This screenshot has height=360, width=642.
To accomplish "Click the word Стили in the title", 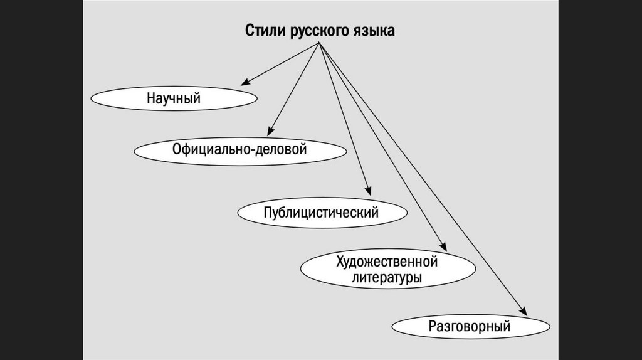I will point(265,31).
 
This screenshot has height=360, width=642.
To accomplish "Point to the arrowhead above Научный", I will point(245,82).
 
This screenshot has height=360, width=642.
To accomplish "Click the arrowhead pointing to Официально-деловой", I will point(270,132).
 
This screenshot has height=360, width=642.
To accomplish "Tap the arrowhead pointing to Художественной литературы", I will point(443,247).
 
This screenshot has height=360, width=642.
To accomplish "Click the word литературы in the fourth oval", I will point(386,278).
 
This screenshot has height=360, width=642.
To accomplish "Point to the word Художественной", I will point(386,262).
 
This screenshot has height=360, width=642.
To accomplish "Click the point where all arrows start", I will point(320,43).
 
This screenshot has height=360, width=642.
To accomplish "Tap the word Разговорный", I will point(470,327).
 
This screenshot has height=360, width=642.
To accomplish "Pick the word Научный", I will point(174,98).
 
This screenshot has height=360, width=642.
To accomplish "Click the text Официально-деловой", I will point(240,151).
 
